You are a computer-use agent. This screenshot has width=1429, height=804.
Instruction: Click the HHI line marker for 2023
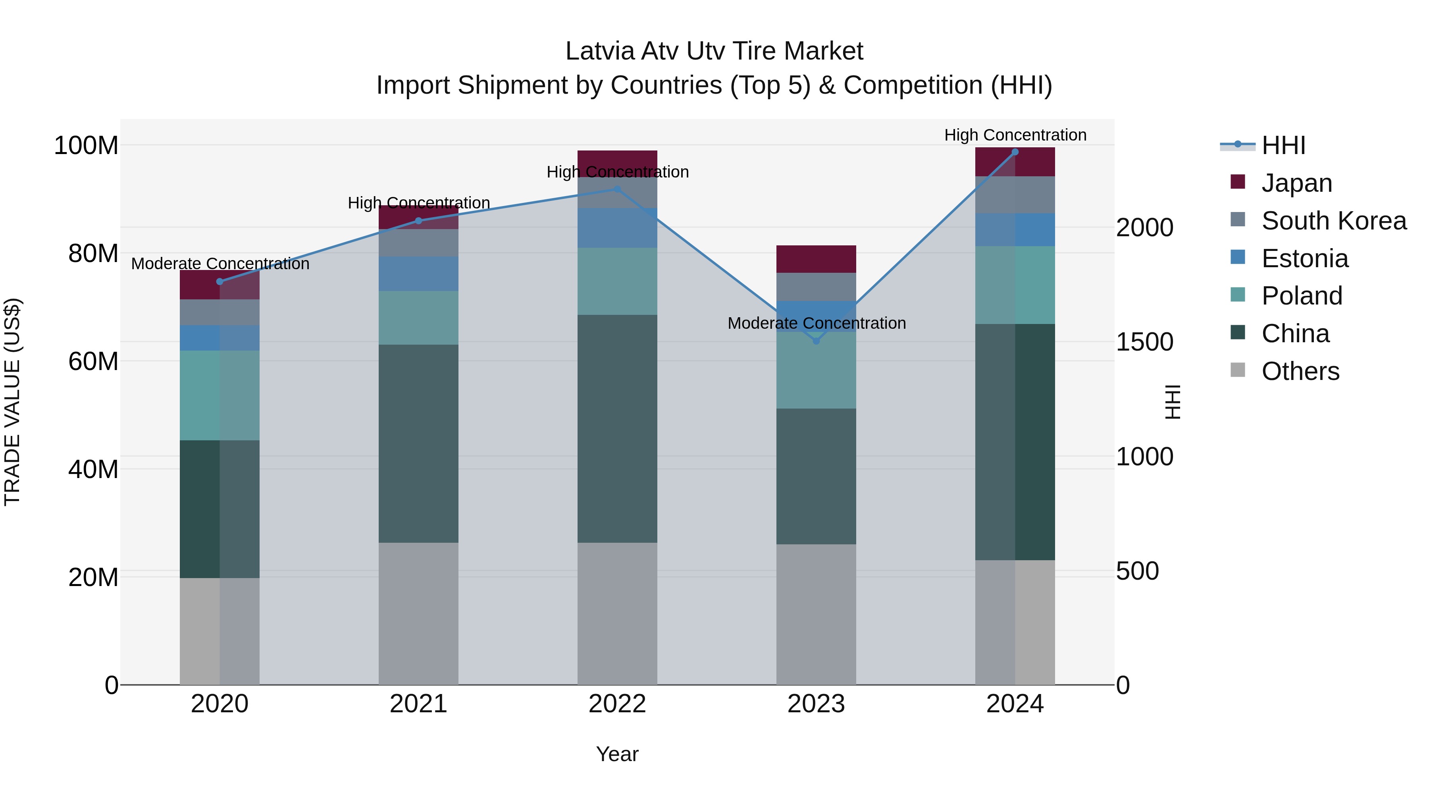click(x=816, y=341)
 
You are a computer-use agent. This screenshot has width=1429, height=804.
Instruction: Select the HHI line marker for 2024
click(x=1015, y=152)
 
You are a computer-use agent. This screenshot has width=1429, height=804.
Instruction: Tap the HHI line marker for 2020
click(x=220, y=281)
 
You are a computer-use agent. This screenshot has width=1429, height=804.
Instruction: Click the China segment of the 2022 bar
click(x=617, y=428)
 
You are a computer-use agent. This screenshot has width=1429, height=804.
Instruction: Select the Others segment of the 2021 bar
click(x=418, y=613)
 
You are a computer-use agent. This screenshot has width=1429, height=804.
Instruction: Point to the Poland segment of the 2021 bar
click(x=418, y=317)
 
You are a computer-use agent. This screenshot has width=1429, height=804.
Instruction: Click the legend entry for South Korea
click(x=1334, y=221)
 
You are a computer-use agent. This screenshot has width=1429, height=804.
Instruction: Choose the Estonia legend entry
click(x=1304, y=258)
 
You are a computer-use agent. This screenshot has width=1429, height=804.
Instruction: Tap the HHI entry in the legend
click(x=1283, y=145)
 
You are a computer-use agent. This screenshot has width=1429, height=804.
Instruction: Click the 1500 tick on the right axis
click(x=1144, y=342)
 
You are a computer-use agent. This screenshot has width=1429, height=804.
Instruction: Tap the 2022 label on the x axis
click(x=617, y=704)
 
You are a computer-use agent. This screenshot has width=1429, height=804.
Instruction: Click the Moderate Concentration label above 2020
click(x=220, y=264)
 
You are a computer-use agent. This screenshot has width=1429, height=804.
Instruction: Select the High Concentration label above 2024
click(x=1015, y=135)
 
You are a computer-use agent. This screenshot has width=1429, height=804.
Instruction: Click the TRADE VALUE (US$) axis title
click(x=12, y=402)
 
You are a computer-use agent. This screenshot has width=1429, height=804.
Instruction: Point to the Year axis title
click(x=617, y=754)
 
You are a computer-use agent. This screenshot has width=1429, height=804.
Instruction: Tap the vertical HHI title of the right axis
click(x=1172, y=402)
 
